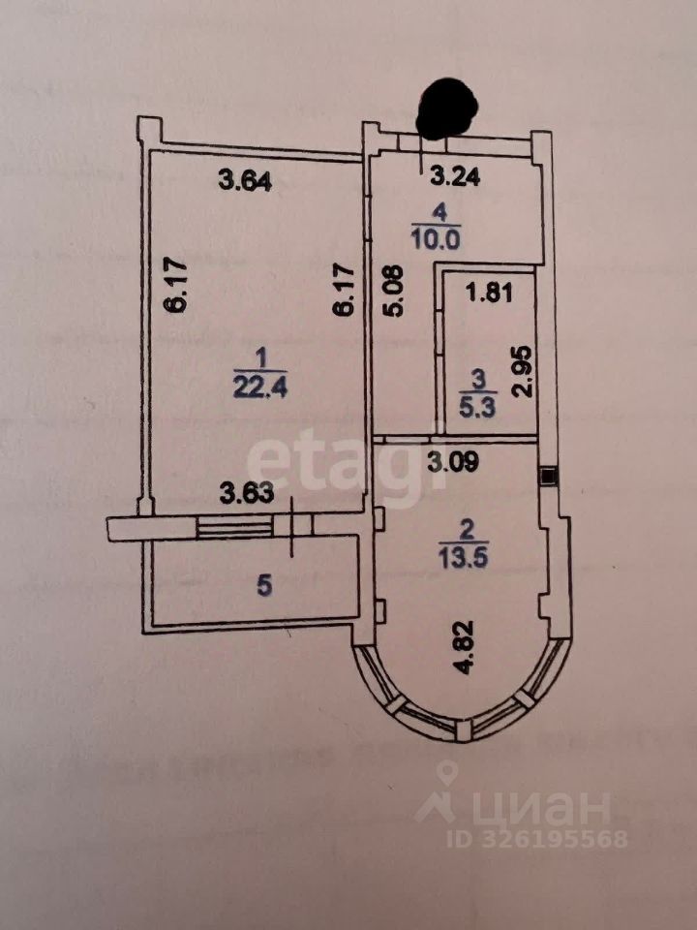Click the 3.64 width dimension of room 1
[246, 179]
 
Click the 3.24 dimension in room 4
[455, 177]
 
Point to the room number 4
[441, 209]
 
